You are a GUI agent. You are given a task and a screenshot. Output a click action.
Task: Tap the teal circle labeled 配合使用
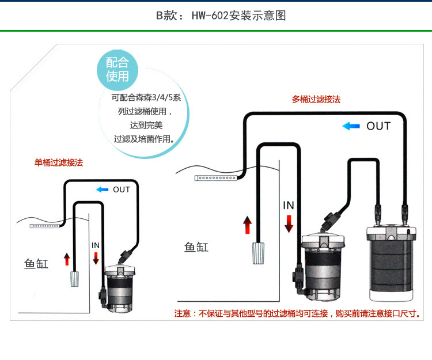(x=117, y=69)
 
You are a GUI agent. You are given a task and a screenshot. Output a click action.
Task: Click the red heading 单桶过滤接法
(x=59, y=163)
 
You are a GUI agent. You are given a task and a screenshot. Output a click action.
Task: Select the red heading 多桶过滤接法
(x=316, y=99)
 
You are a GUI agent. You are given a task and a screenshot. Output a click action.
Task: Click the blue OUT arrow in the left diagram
(x=102, y=190)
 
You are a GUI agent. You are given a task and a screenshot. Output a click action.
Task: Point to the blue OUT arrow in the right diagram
(x=351, y=126)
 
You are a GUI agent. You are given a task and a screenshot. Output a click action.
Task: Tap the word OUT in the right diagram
(x=378, y=126)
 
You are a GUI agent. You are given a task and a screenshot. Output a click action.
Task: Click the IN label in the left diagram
(x=96, y=245)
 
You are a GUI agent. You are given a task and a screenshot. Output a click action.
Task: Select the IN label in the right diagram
(x=289, y=205)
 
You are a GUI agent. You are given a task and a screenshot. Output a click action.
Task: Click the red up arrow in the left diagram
(x=67, y=259)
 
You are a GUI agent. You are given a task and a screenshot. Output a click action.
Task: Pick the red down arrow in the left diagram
(x=96, y=257)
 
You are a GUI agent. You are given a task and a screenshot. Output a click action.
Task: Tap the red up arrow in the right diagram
(x=247, y=225)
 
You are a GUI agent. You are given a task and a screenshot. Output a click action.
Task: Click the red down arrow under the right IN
(x=289, y=221)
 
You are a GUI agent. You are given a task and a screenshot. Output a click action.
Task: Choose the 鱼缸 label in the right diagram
(x=196, y=248)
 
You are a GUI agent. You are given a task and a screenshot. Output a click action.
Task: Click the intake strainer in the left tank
(x=74, y=279)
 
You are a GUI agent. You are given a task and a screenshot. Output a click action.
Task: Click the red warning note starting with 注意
(x=297, y=314)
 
